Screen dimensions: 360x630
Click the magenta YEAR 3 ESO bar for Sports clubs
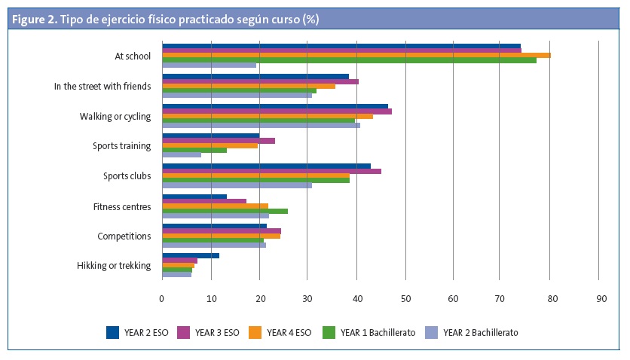click(271, 171)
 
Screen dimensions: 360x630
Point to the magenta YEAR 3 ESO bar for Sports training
click(219, 141)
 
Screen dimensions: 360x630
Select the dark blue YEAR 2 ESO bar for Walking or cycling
click(275, 106)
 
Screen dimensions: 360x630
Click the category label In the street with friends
click(102, 86)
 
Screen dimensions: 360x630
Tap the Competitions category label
click(124, 236)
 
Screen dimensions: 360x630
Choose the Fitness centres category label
click(122, 206)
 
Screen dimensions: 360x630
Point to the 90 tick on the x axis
click(601, 299)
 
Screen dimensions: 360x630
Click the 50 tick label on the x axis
click(405, 299)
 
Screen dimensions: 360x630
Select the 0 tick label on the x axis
click(162, 299)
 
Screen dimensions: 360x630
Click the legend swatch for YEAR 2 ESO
click(113, 331)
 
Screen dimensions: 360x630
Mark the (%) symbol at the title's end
click(310, 20)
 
